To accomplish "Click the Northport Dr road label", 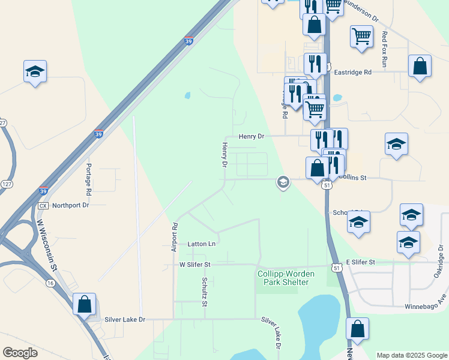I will tap(70, 205).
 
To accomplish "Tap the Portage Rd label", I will tap(88, 179).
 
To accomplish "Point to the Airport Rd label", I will tap(175, 237).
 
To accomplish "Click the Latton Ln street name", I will tap(201, 244).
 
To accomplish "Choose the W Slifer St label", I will tap(195, 264).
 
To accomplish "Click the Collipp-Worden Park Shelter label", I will tap(283, 278).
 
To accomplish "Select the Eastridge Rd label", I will tap(354, 72).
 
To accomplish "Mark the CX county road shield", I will tap(43, 205).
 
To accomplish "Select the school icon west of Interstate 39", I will tap(35, 71).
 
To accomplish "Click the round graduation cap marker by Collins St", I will tap(283, 181).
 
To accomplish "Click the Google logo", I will tap(20, 353).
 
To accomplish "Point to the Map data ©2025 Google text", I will tap(411, 355).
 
